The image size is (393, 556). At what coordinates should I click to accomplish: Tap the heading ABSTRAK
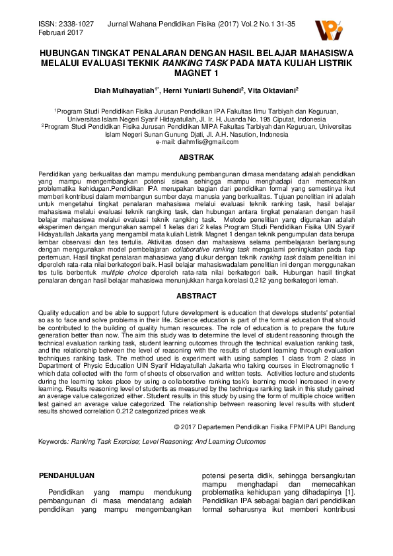click(196, 157)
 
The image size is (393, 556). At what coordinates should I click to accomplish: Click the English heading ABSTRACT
click(196, 296)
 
